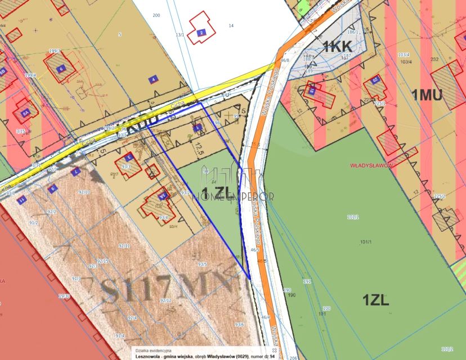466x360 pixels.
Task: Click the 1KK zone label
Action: point(338,47)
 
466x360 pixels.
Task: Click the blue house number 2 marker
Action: point(201,33)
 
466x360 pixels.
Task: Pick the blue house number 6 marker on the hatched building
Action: point(60,69)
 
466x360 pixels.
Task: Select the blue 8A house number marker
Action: point(25,112)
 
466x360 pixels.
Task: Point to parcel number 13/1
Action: point(180,35)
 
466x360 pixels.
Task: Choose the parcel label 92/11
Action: point(124,246)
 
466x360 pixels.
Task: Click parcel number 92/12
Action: point(165,300)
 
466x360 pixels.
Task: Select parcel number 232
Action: point(434,59)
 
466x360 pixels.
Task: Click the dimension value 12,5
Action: point(198,149)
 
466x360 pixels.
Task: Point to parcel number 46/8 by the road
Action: point(285,60)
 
